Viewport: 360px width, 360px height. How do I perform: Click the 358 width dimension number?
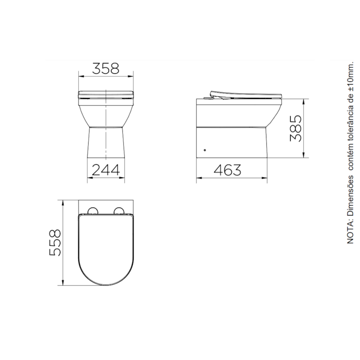coord(106,68)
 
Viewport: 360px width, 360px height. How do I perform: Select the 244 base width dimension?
coord(106,170)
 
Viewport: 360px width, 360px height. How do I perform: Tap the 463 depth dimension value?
coord(228,170)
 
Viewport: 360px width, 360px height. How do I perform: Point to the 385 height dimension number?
coord(296,129)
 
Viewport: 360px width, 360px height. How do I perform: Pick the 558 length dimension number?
coord(55,243)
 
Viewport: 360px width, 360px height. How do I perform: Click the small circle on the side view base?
coord(205,150)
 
